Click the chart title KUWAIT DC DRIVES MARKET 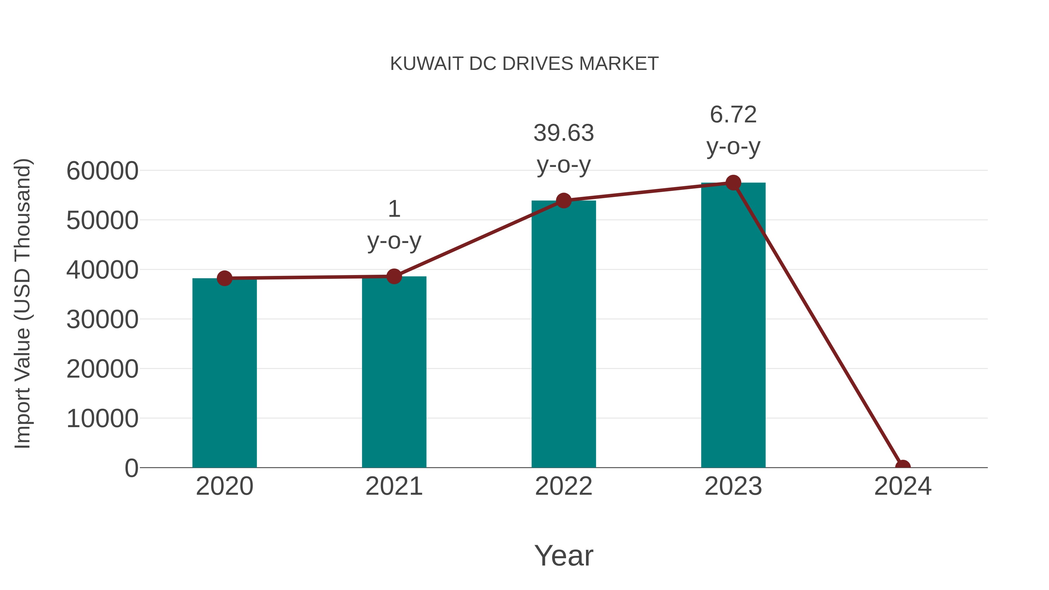[x=524, y=64]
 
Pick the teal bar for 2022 [x=564, y=334]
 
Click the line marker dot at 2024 [x=903, y=467]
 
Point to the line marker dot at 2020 [x=224, y=279]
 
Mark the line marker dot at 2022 [x=564, y=201]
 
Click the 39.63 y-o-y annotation [x=564, y=149]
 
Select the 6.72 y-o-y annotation [x=733, y=130]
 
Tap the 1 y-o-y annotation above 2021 [x=394, y=225]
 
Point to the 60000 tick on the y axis [x=102, y=171]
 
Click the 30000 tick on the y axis [x=102, y=320]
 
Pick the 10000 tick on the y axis [x=102, y=419]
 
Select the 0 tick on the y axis [x=131, y=468]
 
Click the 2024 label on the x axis [x=903, y=486]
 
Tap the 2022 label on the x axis [x=564, y=486]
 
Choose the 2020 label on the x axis [x=224, y=486]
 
